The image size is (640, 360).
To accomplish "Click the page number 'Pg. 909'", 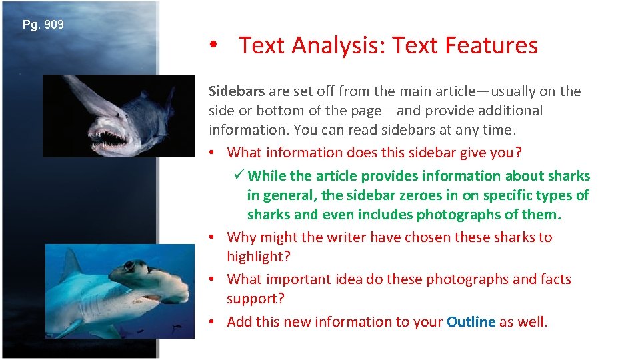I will (x=43, y=25).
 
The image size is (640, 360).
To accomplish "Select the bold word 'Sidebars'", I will (x=237, y=91).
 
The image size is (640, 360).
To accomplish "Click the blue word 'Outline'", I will (x=471, y=322).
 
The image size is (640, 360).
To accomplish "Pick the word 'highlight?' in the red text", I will (x=258, y=257).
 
